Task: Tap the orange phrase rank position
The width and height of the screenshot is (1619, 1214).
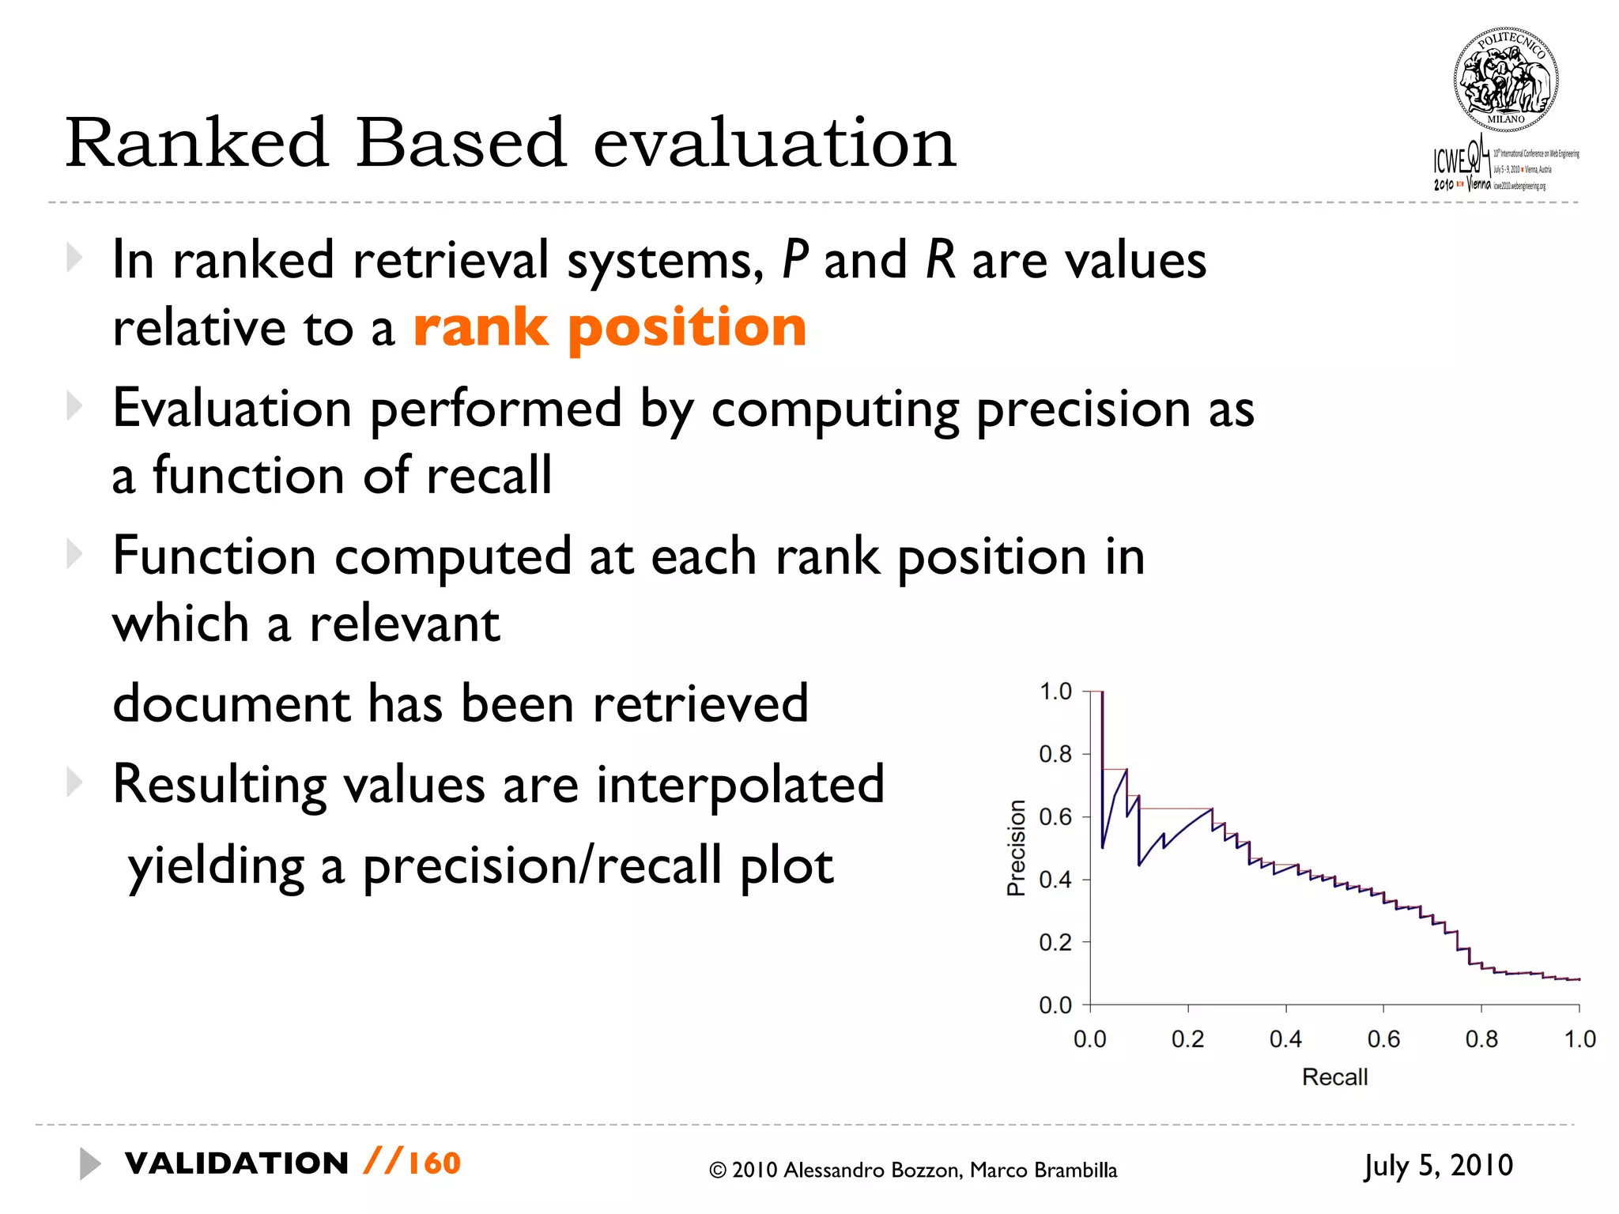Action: point(609,326)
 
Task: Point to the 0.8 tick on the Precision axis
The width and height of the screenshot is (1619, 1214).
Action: point(1055,754)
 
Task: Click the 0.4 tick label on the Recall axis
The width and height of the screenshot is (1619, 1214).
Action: point(1285,1039)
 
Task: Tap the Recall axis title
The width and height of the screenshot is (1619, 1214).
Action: point(1334,1076)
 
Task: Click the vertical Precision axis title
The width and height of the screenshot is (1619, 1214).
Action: point(1016,848)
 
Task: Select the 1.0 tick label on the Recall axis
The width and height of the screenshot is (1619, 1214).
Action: point(1579,1039)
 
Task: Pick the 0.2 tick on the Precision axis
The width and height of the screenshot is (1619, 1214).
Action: point(1055,942)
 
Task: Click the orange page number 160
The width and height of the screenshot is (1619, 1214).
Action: point(434,1163)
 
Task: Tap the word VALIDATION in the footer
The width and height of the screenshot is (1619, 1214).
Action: point(236,1163)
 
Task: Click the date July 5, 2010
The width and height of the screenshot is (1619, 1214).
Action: point(1438,1165)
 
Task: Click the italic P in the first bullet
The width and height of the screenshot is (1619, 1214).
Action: point(795,259)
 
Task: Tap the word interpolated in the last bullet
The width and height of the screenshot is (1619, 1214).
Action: point(739,784)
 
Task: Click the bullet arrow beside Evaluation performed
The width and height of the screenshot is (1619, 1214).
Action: point(74,406)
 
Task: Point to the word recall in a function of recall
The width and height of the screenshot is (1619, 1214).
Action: point(489,475)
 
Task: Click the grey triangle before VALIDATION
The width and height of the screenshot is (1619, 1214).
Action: point(89,1163)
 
